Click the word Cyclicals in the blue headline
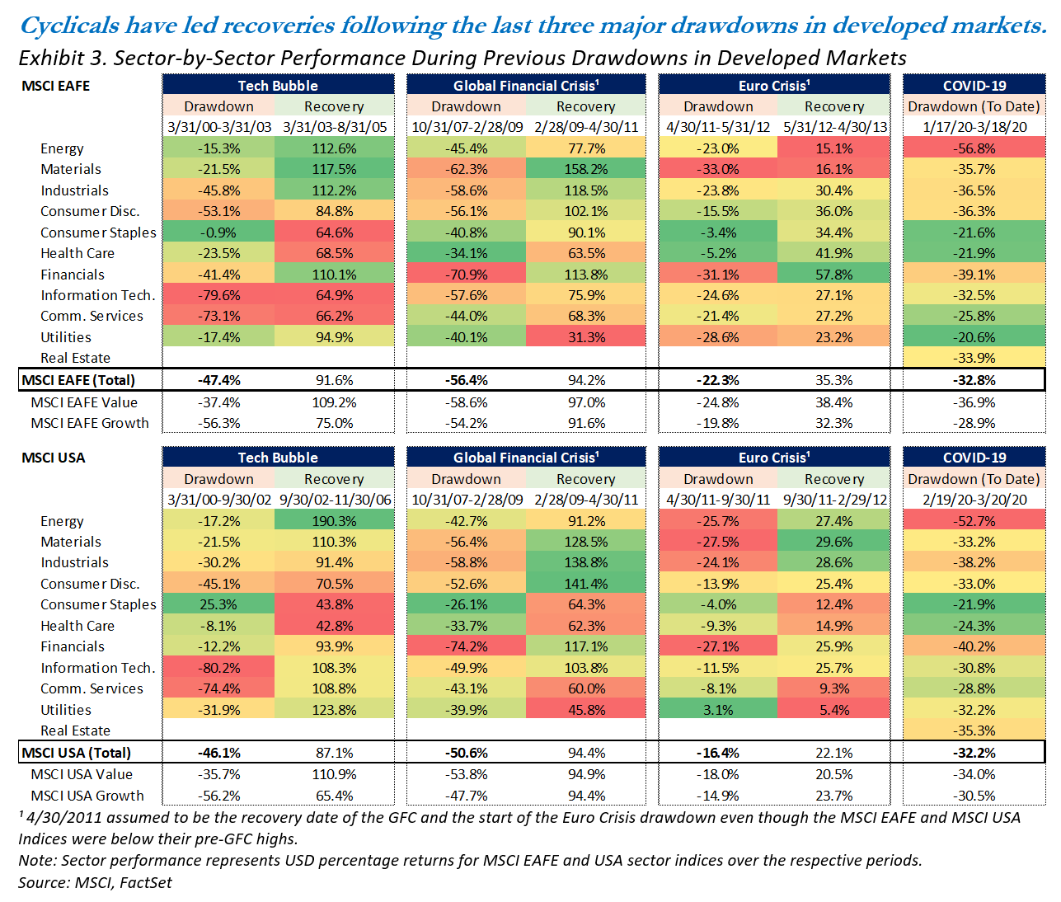click(x=69, y=26)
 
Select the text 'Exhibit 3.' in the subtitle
click(x=62, y=58)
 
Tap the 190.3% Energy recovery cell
click(x=334, y=521)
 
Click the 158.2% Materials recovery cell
click(x=585, y=169)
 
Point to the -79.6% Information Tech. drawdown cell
click(x=218, y=295)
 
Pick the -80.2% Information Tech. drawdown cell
click(x=218, y=668)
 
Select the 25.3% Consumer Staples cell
click(x=218, y=604)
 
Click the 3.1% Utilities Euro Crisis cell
click(x=717, y=710)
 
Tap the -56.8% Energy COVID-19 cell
click(x=974, y=148)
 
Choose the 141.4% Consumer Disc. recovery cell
click(x=585, y=584)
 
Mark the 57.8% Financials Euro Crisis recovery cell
click(x=833, y=275)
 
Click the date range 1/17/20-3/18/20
click(x=974, y=127)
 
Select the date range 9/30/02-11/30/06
click(x=335, y=500)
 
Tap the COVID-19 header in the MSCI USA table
click(x=974, y=458)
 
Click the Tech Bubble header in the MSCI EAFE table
click(x=278, y=85)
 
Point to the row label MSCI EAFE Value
click(x=84, y=402)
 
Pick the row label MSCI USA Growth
click(x=87, y=796)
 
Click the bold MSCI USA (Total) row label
click(x=77, y=753)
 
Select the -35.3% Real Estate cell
click(x=974, y=731)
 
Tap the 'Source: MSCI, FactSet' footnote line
click(x=96, y=882)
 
